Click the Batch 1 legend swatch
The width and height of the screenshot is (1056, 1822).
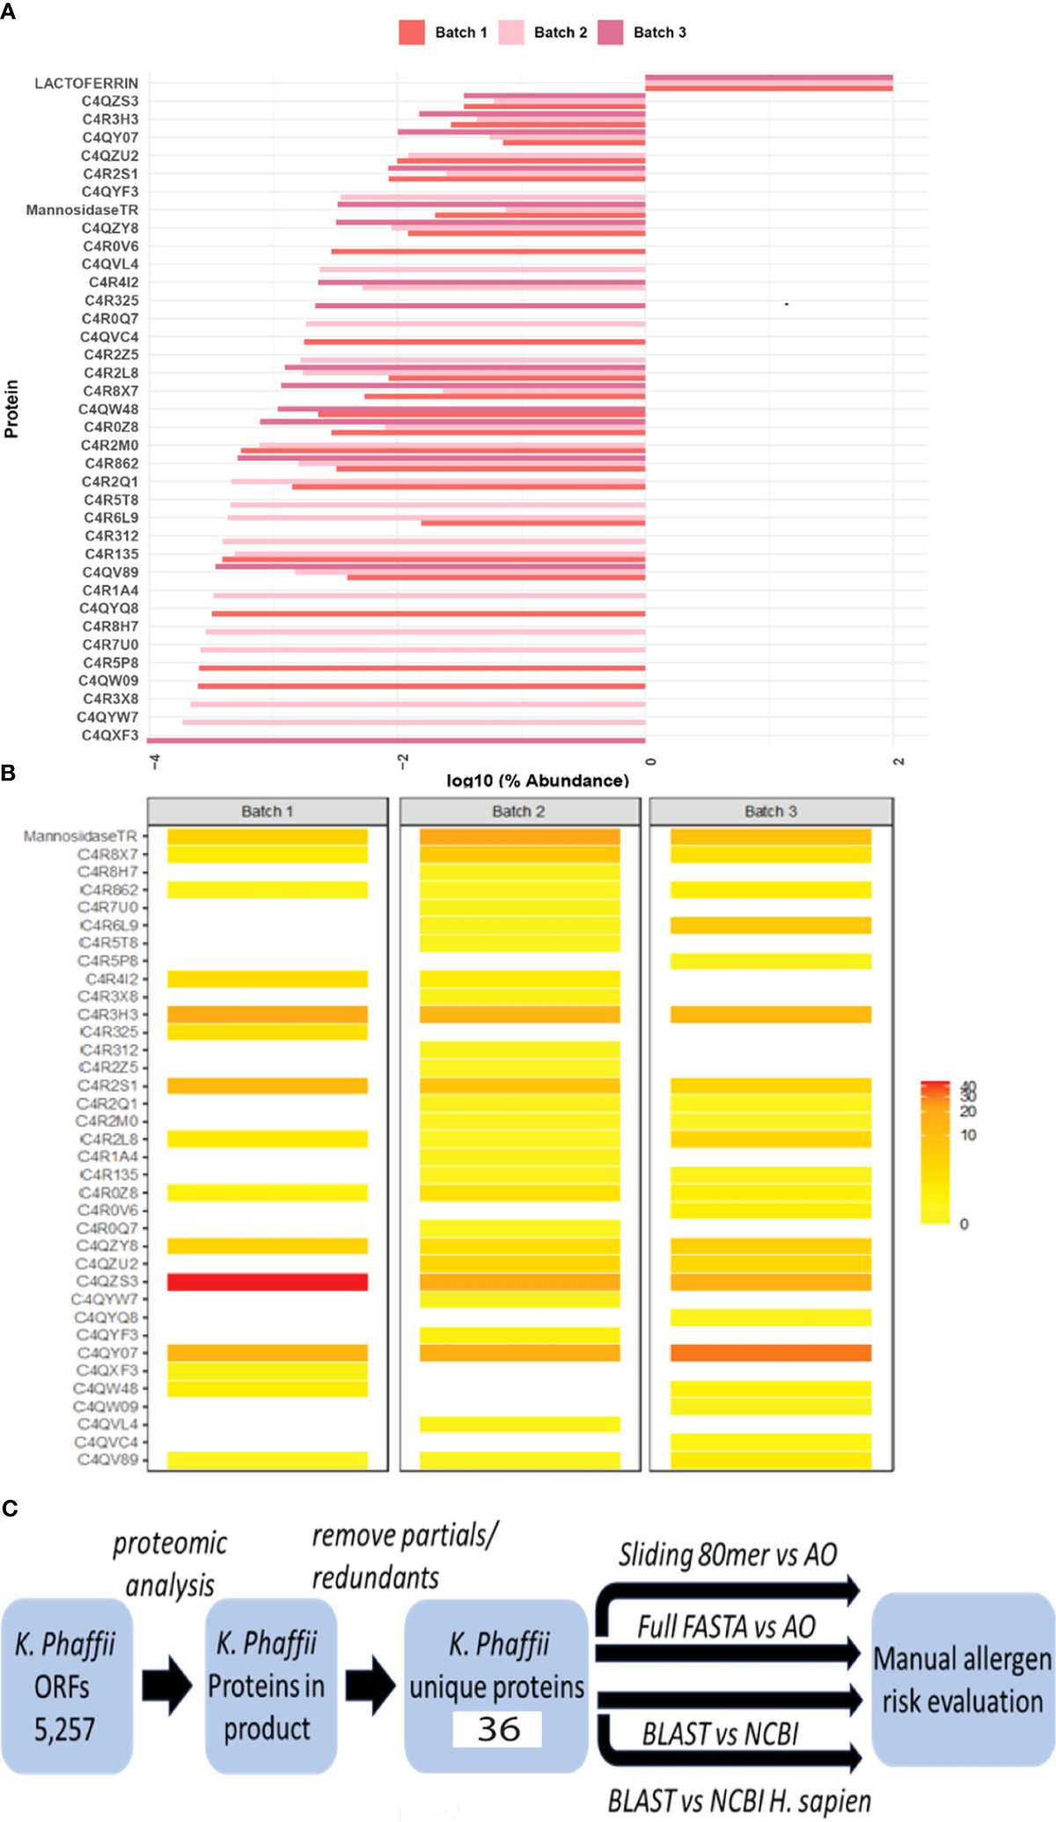(x=412, y=33)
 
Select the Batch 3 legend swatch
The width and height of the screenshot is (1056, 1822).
(x=610, y=33)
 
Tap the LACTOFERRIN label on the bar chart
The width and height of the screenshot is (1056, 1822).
(x=86, y=84)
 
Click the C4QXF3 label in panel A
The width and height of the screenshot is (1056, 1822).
(x=110, y=735)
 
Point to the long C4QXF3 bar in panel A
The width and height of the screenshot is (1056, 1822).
(x=396, y=740)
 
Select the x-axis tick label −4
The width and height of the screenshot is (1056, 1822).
(x=155, y=762)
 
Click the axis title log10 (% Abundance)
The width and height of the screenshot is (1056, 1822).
(x=538, y=781)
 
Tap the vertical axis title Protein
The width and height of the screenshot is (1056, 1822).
(x=11, y=408)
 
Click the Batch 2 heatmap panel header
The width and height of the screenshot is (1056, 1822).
(x=519, y=812)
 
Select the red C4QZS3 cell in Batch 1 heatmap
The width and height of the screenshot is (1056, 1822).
(x=268, y=1282)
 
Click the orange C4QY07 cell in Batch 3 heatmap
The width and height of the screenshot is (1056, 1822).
(x=771, y=1353)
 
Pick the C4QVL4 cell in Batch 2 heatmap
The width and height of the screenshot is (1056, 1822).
(x=519, y=1424)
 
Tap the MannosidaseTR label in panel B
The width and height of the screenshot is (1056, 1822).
(x=80, y=836)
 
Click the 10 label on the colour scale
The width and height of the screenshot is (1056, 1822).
(x=969, y=1135)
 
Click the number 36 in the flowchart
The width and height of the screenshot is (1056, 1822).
(x=498, y=1730)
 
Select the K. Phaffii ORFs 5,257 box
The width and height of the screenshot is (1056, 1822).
(x=66, y=1686)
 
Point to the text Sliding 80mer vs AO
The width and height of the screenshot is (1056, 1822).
(x=727, y=1555)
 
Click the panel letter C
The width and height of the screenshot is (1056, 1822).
(x=10, y=1509)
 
